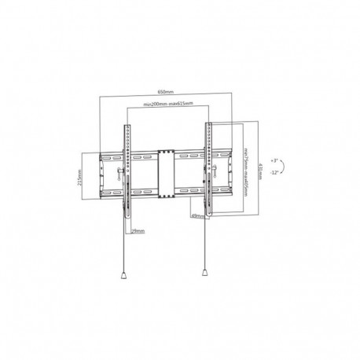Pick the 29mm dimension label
[138, 231]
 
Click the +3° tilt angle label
[272, 157]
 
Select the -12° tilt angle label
[272, 172]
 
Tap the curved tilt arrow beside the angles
[285, 165]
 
